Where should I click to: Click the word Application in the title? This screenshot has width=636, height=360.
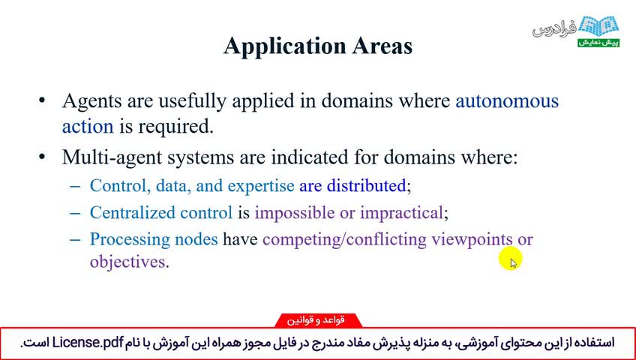click(284, 46)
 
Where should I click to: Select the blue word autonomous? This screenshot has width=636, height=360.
click(507, 100)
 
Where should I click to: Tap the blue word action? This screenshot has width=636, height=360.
click(88, 126)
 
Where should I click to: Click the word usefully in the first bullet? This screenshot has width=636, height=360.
click(192, 102)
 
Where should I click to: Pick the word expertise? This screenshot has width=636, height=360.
click(261, 186)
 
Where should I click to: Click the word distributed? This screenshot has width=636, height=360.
click(366, 185)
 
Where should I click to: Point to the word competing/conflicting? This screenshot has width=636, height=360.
click(344, 239)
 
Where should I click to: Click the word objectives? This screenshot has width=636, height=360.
click(127, 262)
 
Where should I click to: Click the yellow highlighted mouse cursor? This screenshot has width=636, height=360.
click(511, 259)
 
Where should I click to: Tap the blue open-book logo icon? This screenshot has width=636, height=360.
click(598, 27)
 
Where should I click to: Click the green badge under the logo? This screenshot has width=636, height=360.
click(598, 43)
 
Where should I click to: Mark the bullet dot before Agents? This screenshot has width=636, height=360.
click(41, 100)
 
